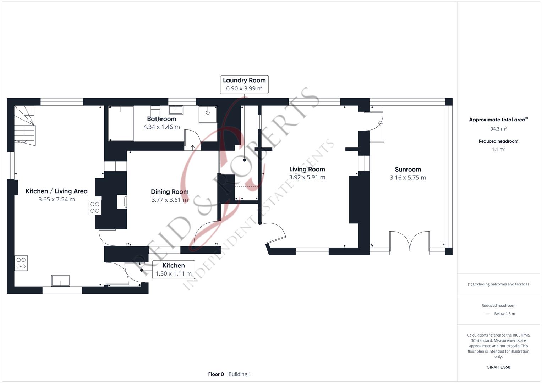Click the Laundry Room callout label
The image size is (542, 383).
[x=244, y=84]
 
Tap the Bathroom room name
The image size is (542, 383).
[x=161, y=119]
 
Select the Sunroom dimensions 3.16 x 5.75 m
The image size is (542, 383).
[x=408, y=177]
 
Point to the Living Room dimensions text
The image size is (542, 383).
[x=307, y=177]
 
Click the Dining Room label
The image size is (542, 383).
[x=170, y=192]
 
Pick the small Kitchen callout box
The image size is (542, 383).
[x=174, y=270]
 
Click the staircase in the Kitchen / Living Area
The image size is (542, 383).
[x=25, y=126]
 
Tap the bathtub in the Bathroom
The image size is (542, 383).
[x=121, y=123]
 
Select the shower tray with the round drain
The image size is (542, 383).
[x=208, y=114]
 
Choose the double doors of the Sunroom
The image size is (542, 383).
[x=410, y=240]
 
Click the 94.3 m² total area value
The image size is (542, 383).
[x=498, y=129]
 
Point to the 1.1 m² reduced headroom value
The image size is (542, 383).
[x=498, y=149]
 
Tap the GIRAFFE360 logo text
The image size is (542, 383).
[x=498, y=367]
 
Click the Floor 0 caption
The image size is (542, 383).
[x=216, y=374]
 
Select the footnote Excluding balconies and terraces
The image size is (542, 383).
[x=498, y=284]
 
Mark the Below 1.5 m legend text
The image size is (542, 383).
[x=504, y=314]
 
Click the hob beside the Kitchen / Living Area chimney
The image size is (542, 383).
[x=95, y=207]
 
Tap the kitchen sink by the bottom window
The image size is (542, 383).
[x=61, y=281]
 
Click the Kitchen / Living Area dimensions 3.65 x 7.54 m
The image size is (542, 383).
[x=56, y=199]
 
